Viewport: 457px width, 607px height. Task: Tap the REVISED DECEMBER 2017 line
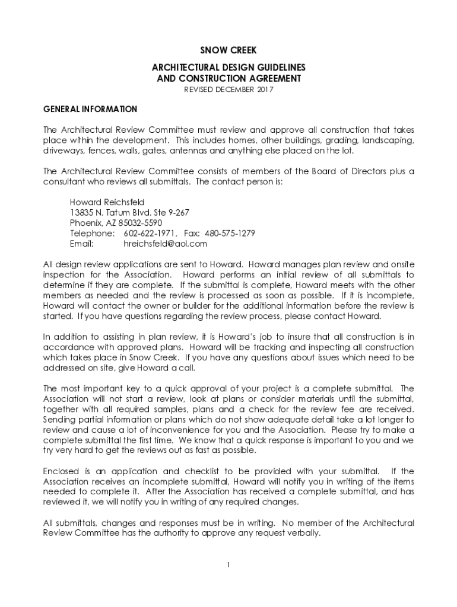228,90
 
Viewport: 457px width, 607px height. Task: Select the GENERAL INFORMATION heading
90,109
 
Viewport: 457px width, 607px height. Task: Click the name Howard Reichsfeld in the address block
107,202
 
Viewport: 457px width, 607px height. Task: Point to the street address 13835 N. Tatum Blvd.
111,212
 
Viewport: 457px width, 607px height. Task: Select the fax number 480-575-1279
231,233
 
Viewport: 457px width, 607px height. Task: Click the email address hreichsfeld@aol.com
165,243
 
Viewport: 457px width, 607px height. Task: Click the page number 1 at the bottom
228,564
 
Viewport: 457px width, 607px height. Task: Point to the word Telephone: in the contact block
91,233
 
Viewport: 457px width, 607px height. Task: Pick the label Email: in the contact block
82,243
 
